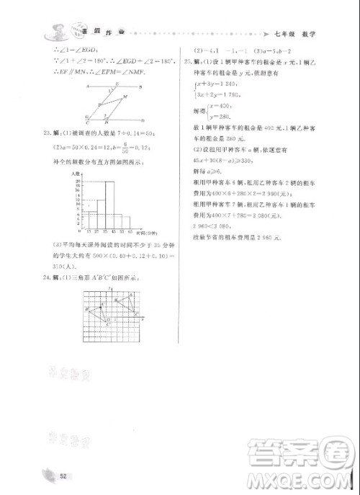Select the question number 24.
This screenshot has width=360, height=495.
point(47,277)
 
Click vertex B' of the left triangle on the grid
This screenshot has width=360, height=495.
point(88,310)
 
